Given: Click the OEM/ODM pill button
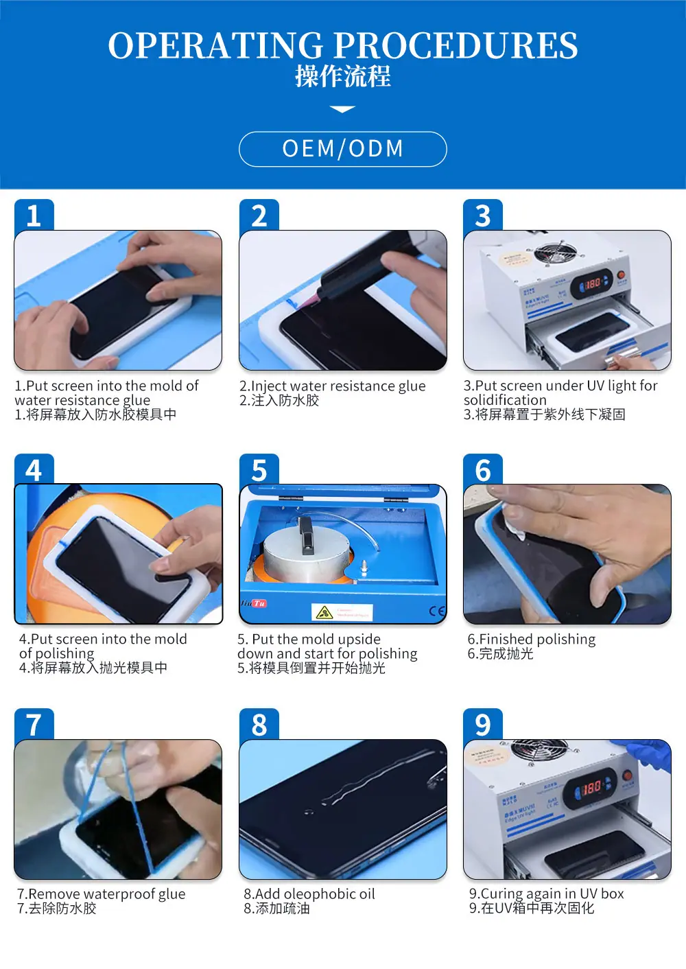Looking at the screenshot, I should (x=342, y=149).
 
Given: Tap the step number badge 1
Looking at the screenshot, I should (x=34, y=215).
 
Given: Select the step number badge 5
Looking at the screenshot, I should (x=259, y=470).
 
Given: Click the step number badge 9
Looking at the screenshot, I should (x=483, y=725).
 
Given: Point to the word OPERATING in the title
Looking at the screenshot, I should (x=215, y=46).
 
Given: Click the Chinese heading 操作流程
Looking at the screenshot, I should (x=342, y=76).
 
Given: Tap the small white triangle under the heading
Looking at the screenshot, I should (x=342, y=109).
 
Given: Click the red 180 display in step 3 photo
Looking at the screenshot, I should (x=593, y=282).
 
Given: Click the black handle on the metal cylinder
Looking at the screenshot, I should (x=307, y=536).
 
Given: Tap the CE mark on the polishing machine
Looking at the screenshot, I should (x=437, y=611).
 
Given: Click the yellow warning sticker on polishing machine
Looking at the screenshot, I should (x=324, y=612).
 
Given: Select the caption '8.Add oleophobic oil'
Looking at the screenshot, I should (x=309, y=894).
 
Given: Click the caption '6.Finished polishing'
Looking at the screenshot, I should (x=532, y=639).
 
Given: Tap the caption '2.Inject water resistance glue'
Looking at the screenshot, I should (x=332, y=386).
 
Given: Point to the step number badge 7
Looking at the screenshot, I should (x=34, y=725).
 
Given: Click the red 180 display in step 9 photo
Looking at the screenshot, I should (x=591, y=788).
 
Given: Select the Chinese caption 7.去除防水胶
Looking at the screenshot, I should (x=57, y=908).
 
